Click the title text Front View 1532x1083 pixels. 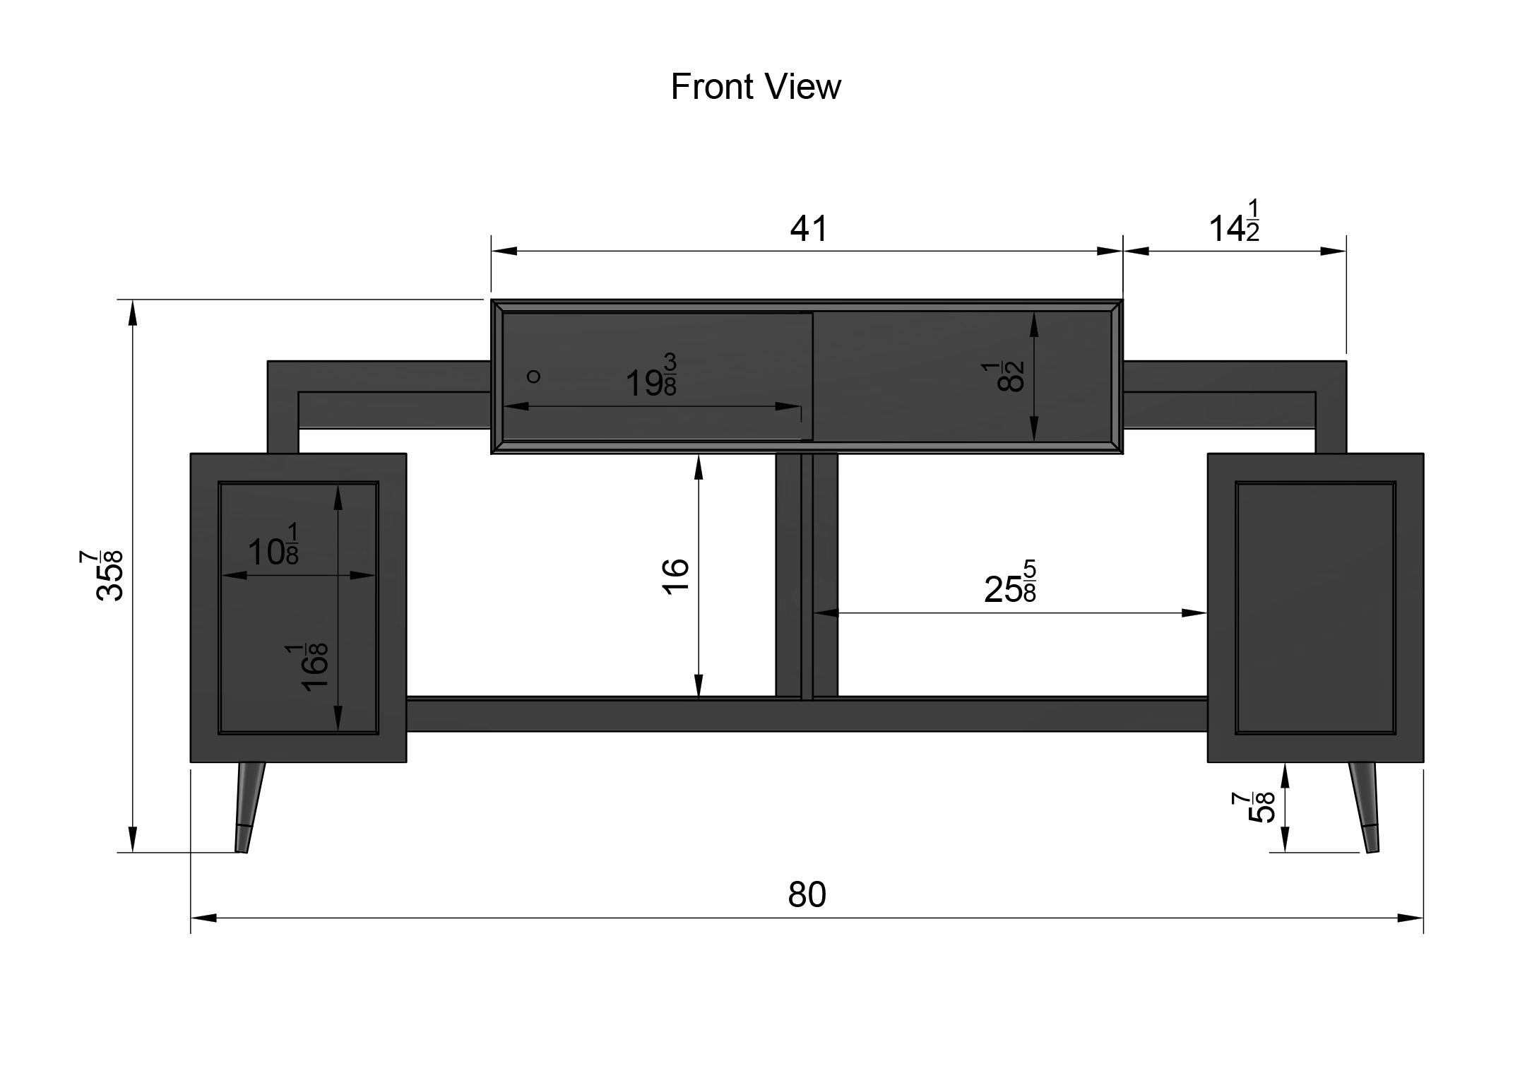[x=755, y=87]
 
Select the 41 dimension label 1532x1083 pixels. [x=808, y=228]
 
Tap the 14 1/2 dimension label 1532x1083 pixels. [x=1234, y=222]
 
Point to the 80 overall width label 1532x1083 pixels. [x=807, y=894]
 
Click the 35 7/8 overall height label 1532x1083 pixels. [x=109, y=575]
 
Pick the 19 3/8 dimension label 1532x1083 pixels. [x=651, y=376]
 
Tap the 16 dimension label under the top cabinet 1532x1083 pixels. [x=675, y=576]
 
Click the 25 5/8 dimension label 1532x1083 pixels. [x=1010, y=581]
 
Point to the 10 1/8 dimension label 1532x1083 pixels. [x=273, y=544]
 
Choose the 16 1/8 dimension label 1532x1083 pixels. [x=307, y=667]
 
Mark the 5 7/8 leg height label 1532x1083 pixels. [x=1254, y=807]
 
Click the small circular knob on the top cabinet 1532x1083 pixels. [x=534, y=377]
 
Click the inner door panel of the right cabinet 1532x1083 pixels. [x=1315, y=608]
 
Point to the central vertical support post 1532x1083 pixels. [x=807, y=576]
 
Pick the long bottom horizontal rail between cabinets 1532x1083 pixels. [x=807, y=714]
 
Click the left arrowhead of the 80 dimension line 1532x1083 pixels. [x=203, y=918]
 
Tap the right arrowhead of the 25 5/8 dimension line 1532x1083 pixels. [x=1194, y=612]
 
